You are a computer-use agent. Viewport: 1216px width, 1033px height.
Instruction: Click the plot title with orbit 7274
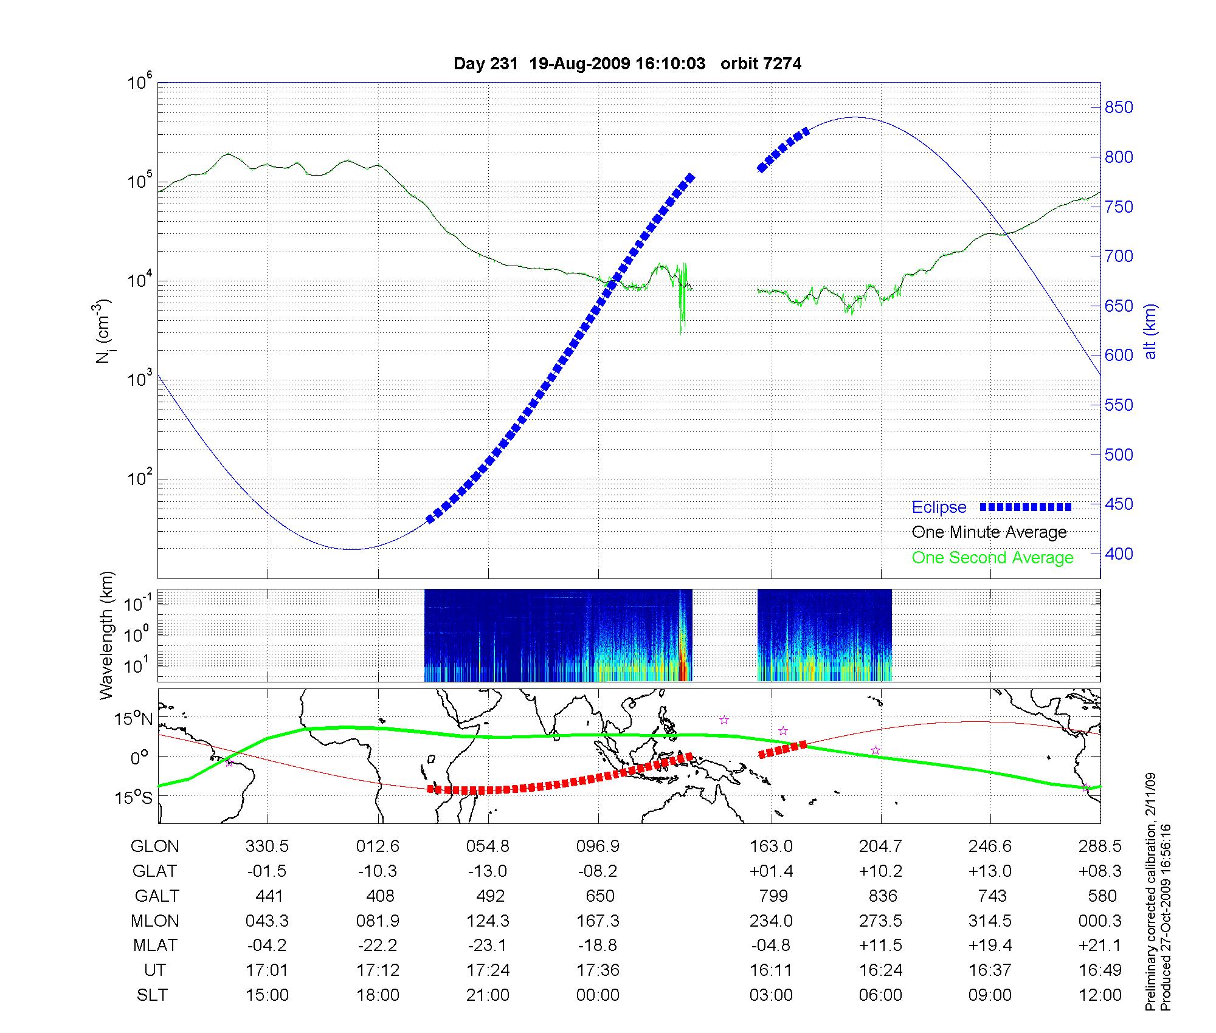point(627,64)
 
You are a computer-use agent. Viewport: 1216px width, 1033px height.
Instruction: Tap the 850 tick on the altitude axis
point(1119,108)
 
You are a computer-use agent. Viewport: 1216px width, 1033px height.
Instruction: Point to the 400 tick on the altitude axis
point(1119,554)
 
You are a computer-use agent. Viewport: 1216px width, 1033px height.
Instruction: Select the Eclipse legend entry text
point(939,507)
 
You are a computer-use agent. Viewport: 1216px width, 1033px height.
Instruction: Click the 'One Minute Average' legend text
point(989,532)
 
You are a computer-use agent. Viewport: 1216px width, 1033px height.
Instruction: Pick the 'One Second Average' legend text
point(992,558)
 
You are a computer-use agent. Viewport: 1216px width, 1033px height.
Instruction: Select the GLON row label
point(155,846)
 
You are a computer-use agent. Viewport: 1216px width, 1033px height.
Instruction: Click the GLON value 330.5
point(267,846)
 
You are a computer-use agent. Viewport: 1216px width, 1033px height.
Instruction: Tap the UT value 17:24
point(488,970)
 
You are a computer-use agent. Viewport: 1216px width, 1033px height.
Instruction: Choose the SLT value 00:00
point(598,995)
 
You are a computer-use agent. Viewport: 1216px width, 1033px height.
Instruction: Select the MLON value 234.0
point(771,921)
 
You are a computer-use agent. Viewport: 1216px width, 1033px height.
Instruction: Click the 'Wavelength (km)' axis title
point(107,636)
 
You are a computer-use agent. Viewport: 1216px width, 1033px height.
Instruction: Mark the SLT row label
point(152,995)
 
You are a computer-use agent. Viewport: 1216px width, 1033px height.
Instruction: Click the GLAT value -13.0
point(488,871)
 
